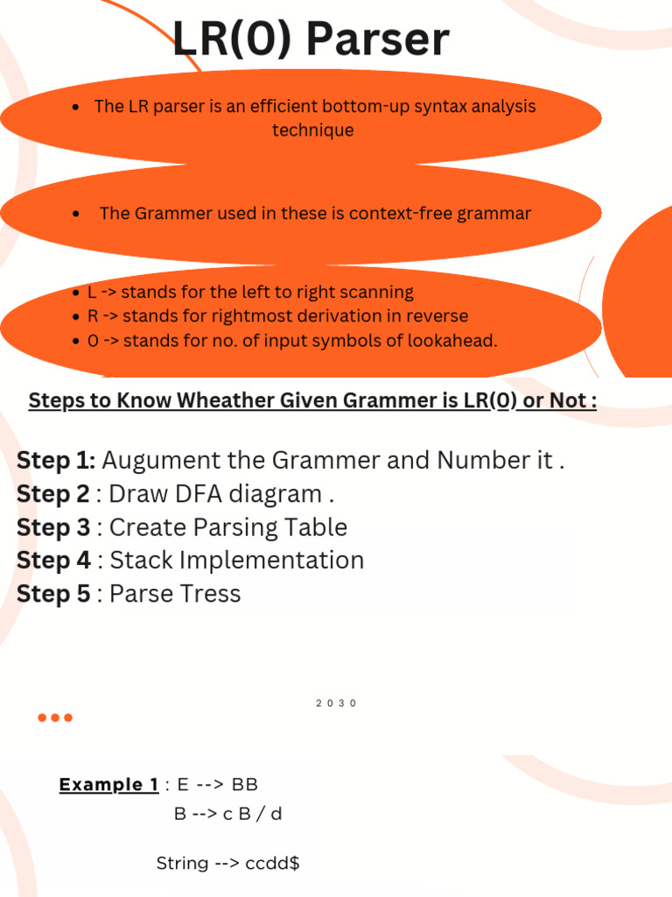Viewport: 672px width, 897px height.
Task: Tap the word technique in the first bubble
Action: [x=312, y=131]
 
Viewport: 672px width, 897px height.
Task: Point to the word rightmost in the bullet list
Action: [x=199, y=316]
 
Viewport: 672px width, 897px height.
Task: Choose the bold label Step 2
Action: [x=52, y=494]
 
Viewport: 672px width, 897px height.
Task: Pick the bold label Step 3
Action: [x=52, y=527]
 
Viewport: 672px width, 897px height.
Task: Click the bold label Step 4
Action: [x=52, y=561]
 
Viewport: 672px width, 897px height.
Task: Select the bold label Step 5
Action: [x=52, y=594]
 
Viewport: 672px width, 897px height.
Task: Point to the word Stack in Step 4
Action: [x=140, y=561]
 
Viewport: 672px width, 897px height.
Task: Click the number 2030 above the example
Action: [x=337, y=703]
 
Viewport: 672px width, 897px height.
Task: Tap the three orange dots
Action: [x=55, y=718]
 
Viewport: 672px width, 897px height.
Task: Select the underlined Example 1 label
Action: [x=108, y=785]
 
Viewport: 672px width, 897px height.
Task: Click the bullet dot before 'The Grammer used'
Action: [x=78, y=214]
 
